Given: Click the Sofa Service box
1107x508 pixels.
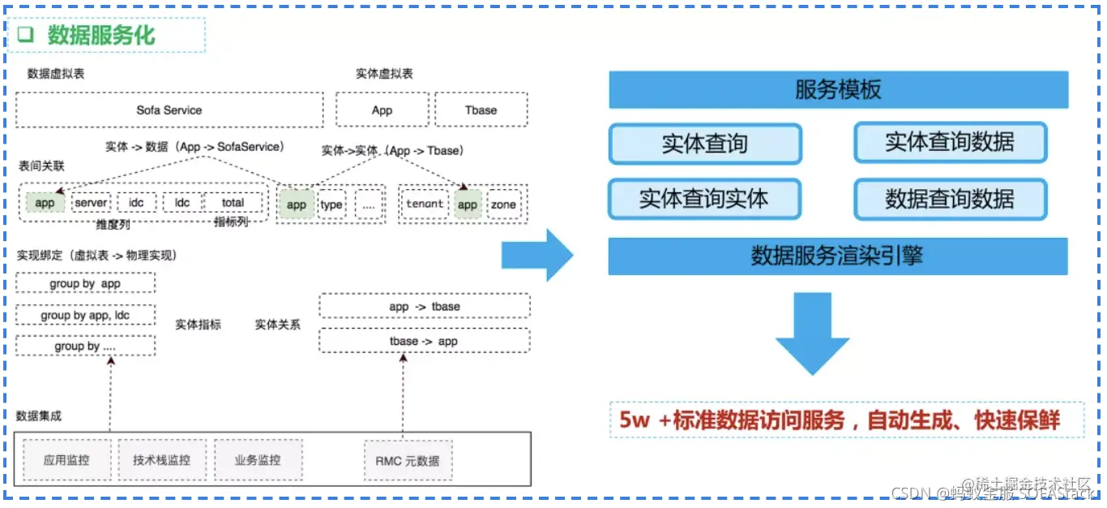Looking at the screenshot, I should [169, 110].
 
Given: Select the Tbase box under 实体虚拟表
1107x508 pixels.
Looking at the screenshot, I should [481, 110].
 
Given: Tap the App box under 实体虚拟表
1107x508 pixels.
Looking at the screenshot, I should [383, 110].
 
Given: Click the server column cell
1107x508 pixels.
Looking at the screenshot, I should [92, 202].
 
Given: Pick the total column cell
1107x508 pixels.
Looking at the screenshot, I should [233, 202].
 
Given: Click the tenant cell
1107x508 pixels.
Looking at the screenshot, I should [425, 204].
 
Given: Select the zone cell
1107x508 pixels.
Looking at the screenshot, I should [503, 204].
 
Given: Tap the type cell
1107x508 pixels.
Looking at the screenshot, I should [331, 204].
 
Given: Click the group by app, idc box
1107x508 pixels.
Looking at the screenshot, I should [85, 315].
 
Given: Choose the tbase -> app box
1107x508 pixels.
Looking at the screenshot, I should [424, 341].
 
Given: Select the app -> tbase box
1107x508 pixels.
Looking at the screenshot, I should [424, 306].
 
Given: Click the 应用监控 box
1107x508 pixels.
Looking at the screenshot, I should [66, 460].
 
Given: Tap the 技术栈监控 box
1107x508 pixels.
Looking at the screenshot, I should [162, 460].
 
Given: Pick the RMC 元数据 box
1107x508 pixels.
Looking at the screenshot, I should [408, 461].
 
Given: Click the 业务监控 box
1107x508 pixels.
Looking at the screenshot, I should [258, 460].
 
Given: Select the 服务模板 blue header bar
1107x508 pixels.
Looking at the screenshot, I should [838, 89].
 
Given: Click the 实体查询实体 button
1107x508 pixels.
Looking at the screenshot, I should [703, 199].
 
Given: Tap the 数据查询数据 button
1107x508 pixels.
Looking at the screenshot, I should [950, 199].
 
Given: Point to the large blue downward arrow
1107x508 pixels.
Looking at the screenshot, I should [812, 333].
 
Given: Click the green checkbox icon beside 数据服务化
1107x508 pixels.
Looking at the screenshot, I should [26, 35].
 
